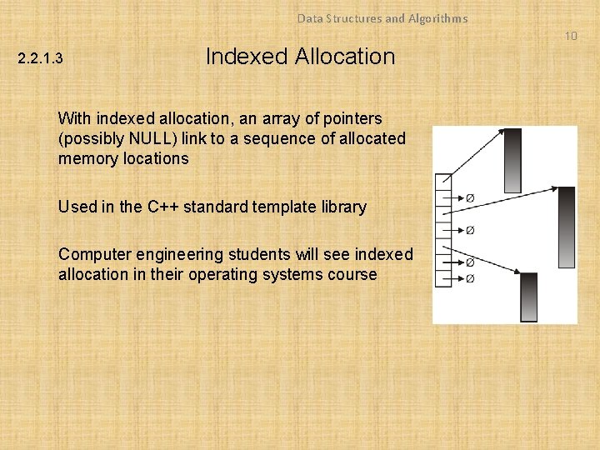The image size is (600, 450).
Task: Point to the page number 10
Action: pyautogui.click(x=570, y=36)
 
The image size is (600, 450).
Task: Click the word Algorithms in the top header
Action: pyautogui.click(x=437, y=17)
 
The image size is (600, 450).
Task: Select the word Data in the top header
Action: pyautogui.click(x=309, y=17)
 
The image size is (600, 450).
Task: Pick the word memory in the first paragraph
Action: pyautogui.click(x=86, y=158)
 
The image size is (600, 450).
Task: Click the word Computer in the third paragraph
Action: pyautogui.click(x=92, y=254)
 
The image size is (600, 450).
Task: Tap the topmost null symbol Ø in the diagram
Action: pyautogui.click(x=470, y=198)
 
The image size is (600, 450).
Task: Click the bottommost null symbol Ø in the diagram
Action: pyautogui.click(x=470, y=278)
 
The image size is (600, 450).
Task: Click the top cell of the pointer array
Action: pyautogui.click(x=443, y=181)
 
